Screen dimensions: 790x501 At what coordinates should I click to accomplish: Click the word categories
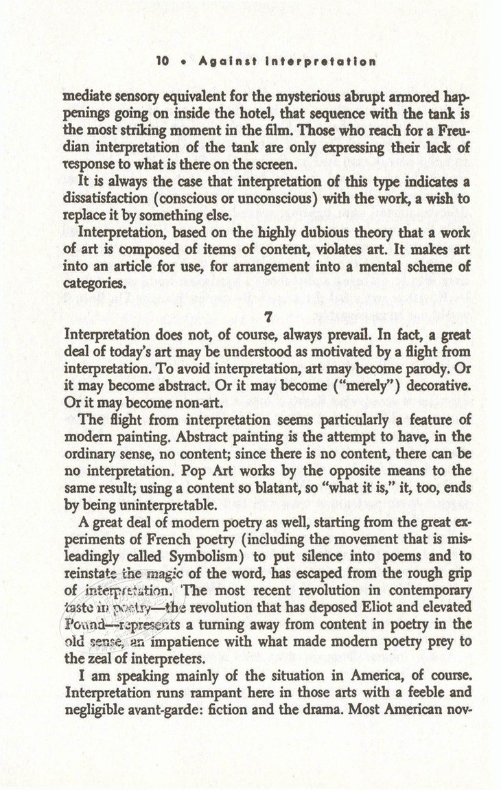click(90, 282)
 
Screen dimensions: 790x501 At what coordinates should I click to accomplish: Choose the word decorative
click(435, 386)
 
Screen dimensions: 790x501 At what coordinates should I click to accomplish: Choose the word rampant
click(206, 693)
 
